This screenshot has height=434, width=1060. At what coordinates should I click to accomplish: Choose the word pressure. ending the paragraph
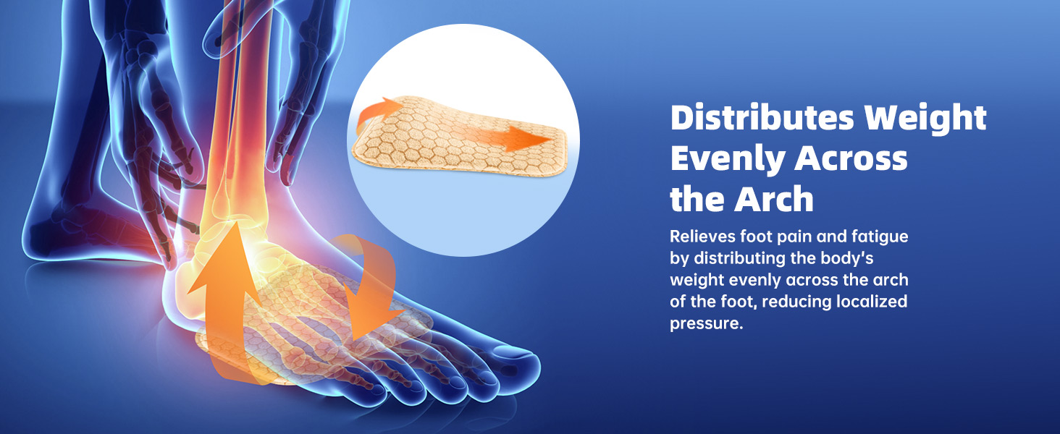[x=707, y=323]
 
